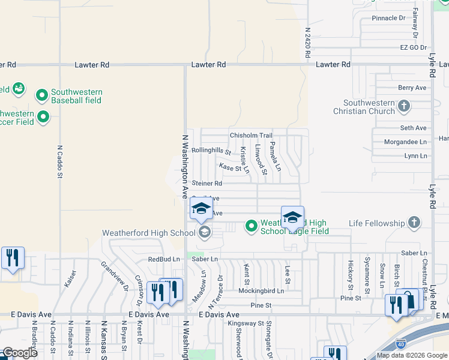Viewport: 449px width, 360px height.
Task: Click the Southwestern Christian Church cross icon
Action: pyautogui.click(x=404, y=107)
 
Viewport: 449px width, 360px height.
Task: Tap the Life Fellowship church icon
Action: pyautogui.click(x=414, y=223)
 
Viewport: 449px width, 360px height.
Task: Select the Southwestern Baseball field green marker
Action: pyautogui.click(x=42, y=95)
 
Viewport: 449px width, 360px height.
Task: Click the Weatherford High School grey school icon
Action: pyautogui.click(x=204, y=233)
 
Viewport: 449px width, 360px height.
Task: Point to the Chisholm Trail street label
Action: pyautogui.click(x=251, y=136)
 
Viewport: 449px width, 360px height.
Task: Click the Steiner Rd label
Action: pyautogui.click(x=207, y=183)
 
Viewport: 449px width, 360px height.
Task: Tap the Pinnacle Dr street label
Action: pyautogui.click(x=388, y=18)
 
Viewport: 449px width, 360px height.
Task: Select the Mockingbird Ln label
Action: pyautogui.click(x=261, y=290)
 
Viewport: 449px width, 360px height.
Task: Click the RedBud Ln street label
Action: pyautogui.click(x=164, y=259)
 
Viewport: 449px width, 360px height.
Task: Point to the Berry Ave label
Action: pyautogui.click(x=412, y=88)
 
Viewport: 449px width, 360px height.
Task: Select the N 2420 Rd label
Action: pyautogui.click(x=307, y=41)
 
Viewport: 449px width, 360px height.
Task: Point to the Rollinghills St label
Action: pyautogui.click(x=211, y=151)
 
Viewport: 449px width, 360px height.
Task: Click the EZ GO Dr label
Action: pyautogui.click(x=413, y=47)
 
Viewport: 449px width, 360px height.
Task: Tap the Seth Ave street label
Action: pyautogui.click(x=413, y=128)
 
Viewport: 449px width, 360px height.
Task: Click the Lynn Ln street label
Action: pyautogui.click(x=415, y=156)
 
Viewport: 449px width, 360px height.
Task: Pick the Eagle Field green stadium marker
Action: pyautogui.click(x=252, y=226)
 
